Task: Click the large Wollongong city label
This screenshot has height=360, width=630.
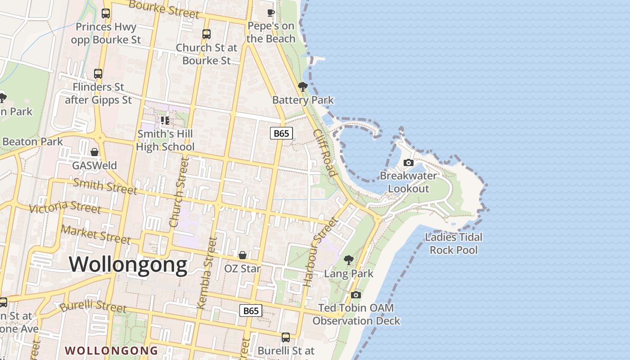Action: (x=128, y=264)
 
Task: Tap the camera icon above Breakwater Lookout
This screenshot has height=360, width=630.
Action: (x=408, y=162)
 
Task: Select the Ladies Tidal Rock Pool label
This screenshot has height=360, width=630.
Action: (x=454, y=243)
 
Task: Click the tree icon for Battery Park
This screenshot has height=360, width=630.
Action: (x=303, y=86)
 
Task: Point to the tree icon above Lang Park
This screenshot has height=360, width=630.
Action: (x=348, y=260)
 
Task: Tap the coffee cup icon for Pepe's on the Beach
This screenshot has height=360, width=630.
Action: (x=270, y=13)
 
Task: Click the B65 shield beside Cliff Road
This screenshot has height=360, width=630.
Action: (x=282, y=133)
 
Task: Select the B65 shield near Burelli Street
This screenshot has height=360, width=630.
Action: (x=251, y=310)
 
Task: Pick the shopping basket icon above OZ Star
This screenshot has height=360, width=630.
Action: (x=242, y=255)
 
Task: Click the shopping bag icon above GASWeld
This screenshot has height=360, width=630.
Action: (x=94, y=152)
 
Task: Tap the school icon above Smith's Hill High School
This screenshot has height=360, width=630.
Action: (x=165, y=120)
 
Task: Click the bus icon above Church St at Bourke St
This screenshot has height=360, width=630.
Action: (x=207, y=34)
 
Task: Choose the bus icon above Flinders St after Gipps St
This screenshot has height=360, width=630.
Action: (x=98, y=73)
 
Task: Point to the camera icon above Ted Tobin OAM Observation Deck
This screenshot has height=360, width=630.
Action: (x=356, y=295)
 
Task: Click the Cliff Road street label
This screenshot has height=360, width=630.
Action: (x=325, y=153)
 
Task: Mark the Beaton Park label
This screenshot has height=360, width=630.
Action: (x=32, y=141)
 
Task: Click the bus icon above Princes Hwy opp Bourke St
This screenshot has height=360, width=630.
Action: (x=106, y=13)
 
